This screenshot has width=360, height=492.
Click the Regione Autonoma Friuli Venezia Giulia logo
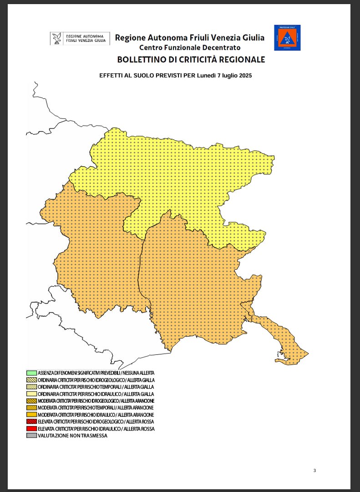(x=80, y=38)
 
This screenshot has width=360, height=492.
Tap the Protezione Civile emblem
(x=287, y=38)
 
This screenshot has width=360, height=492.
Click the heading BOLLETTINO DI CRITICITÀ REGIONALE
(x=191, y=60)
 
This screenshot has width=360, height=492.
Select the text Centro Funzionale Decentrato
(x=190, y=48)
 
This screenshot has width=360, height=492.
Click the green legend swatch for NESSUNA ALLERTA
(x=31, y=373)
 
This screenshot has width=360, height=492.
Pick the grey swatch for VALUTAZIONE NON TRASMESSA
(x=31, y=436)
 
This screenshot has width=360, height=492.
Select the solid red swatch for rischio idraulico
(x=31, y=429)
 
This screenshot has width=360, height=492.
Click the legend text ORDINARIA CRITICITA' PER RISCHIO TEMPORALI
(x=96, y=387)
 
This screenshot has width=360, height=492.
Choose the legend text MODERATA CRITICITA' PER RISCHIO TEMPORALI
(x=96, y=408)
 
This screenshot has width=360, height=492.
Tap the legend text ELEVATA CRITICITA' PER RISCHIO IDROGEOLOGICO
(x=96, y=422)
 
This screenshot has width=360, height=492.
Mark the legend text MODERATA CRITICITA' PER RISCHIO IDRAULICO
(x=96, y=415)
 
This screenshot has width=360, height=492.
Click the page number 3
(x=314, y=471)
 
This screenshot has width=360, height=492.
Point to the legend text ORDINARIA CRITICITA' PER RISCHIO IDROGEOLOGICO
(x=96, y=380)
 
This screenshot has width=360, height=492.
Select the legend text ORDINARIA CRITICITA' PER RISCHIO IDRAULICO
(x=96, y=394)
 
